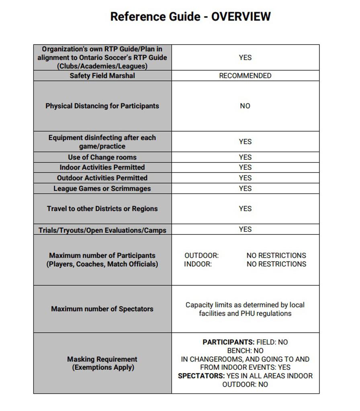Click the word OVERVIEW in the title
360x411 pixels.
tap(241, 16)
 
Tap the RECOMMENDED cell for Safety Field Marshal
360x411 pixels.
tap(245, 75)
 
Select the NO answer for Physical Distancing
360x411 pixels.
tap(245, 106)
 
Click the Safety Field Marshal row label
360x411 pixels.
tap(102, 75)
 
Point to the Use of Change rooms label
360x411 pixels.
tap(102, 157)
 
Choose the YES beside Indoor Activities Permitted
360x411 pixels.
tap(245, 167)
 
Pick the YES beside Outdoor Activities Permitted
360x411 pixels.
tap(245, 178)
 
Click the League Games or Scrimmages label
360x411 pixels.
tap(102, 189)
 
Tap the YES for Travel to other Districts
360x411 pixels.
tap(245, 209)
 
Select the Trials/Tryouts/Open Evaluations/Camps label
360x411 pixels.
tap(102, 230)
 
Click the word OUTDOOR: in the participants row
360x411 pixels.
tap(201, 255)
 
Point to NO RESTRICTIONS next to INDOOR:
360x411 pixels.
tap(276, 264)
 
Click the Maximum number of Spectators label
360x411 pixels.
tap(102, 309)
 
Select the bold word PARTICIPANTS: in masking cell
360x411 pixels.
tap(228, 342)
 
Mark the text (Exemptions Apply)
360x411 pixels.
tap(103, 367)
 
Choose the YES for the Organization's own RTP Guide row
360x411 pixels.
tap(245, 57)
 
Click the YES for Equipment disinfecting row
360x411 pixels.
tap(245, 142)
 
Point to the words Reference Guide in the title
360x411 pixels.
tap(155, 16)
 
